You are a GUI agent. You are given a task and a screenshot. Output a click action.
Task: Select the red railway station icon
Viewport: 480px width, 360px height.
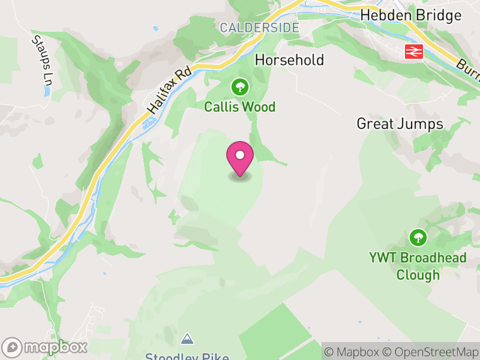[414, 52]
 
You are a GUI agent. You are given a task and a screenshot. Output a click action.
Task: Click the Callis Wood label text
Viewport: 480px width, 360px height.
[239, 107]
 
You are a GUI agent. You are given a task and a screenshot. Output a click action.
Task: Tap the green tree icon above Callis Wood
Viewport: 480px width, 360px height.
[240, 88]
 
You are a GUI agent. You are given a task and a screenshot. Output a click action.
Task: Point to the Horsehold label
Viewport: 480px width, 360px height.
[289, 60]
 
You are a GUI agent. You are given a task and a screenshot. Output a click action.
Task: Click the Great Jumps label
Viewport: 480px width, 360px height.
[400, 124]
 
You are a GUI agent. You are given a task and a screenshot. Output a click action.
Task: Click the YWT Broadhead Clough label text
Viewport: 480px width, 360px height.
[418, 266]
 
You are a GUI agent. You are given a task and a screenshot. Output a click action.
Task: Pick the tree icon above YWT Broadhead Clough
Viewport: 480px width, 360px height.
[418, 238]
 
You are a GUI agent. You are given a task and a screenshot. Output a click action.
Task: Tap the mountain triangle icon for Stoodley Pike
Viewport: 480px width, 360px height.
[188, 340]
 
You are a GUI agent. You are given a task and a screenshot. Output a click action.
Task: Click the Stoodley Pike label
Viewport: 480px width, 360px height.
[187, 356]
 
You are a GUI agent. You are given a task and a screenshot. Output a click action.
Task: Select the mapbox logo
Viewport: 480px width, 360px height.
[45, 347]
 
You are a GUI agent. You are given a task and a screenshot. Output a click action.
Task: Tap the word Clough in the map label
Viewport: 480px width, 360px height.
[418, 275]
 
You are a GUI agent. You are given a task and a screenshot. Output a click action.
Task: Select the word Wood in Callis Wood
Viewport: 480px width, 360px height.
[260, 107]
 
